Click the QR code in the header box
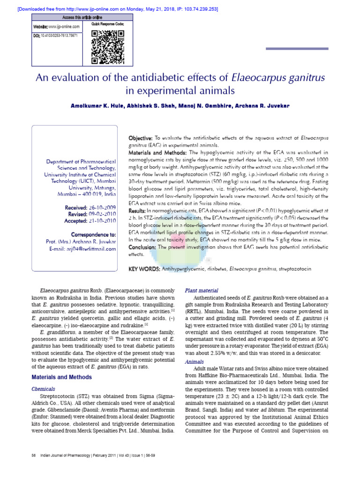click(107, 46)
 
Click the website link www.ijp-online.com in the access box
click(64, 27)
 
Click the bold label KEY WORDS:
click(144, 269)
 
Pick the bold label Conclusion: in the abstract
click(142, 247)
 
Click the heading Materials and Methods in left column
click(61, 377)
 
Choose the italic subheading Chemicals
click(43, 389)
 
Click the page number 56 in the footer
click(33, 468)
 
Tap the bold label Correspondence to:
click(93, 234)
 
